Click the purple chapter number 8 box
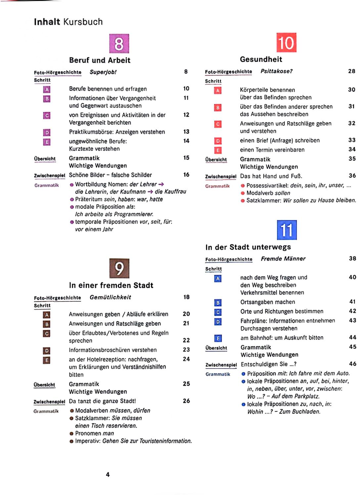coord(119,44)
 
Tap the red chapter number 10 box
coord(286,43)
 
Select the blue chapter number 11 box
coord(287,230)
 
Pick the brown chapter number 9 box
coord(119,269)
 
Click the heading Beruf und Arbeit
coord(100,60)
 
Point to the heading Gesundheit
coord(261,60)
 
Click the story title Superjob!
coord(103,72)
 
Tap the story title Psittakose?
coord(277,71)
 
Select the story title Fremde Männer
coord(283,259)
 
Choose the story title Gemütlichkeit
coord(110,297)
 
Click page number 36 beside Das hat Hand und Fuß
coord(352,176)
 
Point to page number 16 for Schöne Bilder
coord(186,175)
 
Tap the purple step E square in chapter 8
coord(47,142)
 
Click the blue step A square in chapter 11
coord(218,278)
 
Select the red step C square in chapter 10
coord(218,124)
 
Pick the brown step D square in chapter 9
coord(47,351)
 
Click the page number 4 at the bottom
coord(108,475)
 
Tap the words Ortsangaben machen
coord(268,302)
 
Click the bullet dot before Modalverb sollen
coord(243,193)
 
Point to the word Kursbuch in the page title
coord(83,22)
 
